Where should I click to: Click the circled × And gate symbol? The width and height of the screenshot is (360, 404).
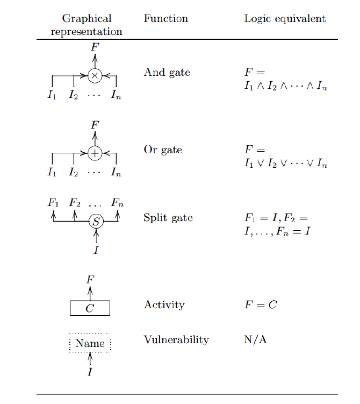95,76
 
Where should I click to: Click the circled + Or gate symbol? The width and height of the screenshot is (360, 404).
95,153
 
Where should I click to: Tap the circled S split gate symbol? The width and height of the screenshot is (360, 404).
96,221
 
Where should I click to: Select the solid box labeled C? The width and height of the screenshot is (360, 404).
90,308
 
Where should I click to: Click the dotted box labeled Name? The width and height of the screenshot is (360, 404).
90,343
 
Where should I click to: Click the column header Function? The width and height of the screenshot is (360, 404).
165,19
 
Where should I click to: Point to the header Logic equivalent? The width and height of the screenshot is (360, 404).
285,19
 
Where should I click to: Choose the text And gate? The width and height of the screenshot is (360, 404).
167,73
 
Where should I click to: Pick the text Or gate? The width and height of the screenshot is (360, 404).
163,150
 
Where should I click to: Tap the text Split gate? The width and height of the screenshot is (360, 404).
168,218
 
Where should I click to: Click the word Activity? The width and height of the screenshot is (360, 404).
164,305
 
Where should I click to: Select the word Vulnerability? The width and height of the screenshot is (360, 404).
176,340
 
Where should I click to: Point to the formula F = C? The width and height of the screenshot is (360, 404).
261,305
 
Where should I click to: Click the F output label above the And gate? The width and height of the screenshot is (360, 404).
95,47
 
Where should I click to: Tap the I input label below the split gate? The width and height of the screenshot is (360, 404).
96,250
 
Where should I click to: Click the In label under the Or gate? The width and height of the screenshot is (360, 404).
116,173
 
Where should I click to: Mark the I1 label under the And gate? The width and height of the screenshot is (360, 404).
52,96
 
